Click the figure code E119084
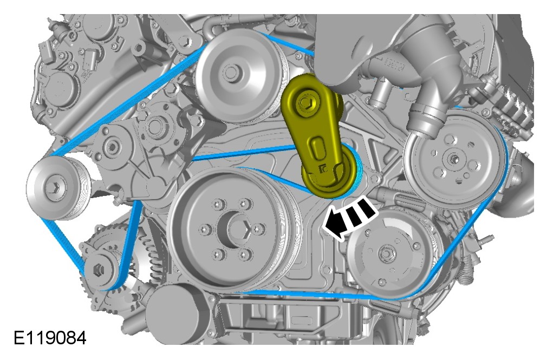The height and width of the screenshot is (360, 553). (50, 338)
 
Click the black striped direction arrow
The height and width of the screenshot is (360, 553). (350, 219)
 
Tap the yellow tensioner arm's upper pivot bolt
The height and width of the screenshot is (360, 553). (304, 102)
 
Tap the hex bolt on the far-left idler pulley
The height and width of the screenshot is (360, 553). (54, 187)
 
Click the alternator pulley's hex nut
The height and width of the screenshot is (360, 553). (97, 271)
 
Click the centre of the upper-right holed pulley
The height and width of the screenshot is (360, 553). (453, 159)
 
